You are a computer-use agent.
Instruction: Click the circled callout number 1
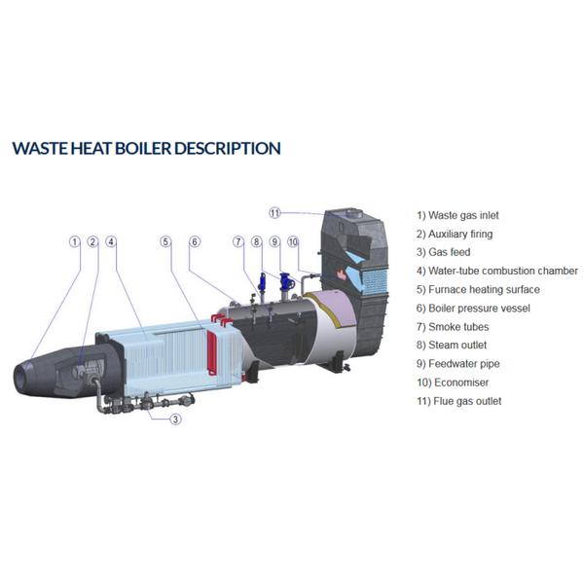click(75, 241)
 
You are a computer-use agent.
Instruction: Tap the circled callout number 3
click(176, 420)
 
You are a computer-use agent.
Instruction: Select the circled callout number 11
click(274, 213)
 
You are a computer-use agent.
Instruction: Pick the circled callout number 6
click(195, 241)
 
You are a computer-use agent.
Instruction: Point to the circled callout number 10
click(293, 241)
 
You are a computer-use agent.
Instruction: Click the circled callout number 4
click(111, 241)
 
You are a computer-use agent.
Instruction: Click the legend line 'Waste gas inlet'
click(457, 215)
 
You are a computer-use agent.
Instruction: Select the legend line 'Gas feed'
click(443, 252)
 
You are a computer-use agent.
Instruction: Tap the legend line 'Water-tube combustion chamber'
click(497, 271)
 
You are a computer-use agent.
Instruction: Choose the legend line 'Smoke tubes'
click(453, 327)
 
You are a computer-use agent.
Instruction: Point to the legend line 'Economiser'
click(453, 383)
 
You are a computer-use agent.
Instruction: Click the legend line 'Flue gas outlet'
click(458, 401)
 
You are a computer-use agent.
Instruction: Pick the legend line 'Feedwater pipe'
click(458, 363)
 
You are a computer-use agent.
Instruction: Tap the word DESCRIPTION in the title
click(228, 148)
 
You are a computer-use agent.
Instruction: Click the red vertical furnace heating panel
click(211, 351)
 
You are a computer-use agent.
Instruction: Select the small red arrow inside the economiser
click(342, 275)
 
